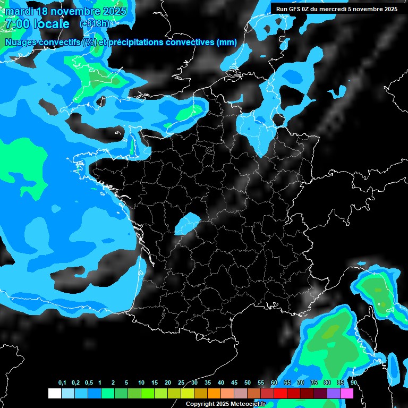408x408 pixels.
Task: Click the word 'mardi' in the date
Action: [20, 11]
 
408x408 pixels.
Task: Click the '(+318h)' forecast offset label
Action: [96, 24]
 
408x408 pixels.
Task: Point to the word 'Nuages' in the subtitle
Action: [20, 42]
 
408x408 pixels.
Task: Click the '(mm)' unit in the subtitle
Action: [227, 42]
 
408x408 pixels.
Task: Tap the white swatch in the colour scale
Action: [54, 393]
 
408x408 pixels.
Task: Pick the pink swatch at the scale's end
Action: [347, 393]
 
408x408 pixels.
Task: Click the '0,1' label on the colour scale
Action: [62, 383]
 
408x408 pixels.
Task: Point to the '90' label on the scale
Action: [353, 383]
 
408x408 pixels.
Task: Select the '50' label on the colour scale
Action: [248, 383]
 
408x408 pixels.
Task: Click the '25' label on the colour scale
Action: [181, 383]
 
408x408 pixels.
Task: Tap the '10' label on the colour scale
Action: [141, 383]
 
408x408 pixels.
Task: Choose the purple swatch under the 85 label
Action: [334, 393]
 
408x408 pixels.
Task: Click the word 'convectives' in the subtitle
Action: [186, 42]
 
